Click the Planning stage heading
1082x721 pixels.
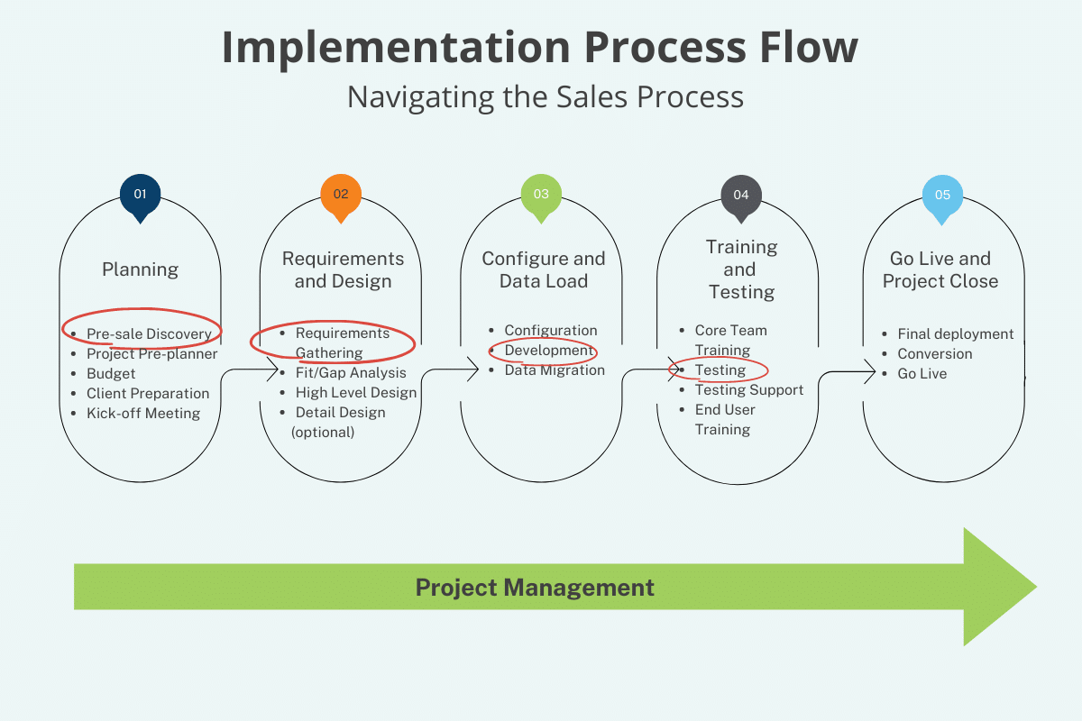[140, 269]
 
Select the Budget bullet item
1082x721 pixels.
[111, 373]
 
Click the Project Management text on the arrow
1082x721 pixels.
[535, 588]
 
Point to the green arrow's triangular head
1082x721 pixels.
[995, 587]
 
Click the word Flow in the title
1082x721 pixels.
[809, 48]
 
